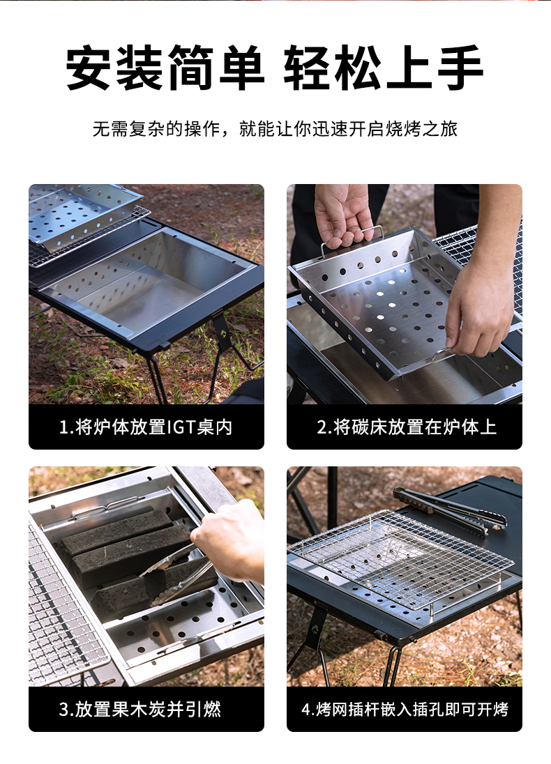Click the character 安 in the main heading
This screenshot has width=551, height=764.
(x=90, y=68)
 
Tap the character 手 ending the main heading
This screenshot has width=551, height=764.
(x=460, y=68)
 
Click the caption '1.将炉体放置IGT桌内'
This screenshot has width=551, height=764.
(x=146, y=427)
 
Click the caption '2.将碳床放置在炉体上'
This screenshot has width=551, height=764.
(x=407, y=427)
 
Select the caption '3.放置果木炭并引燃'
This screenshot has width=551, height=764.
(x=140, y=710)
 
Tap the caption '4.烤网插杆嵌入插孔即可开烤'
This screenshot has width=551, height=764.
(x=405, y=710)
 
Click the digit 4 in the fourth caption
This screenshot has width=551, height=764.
(x=305, y=710)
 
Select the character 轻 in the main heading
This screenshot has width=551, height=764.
(x=308, y=68)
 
